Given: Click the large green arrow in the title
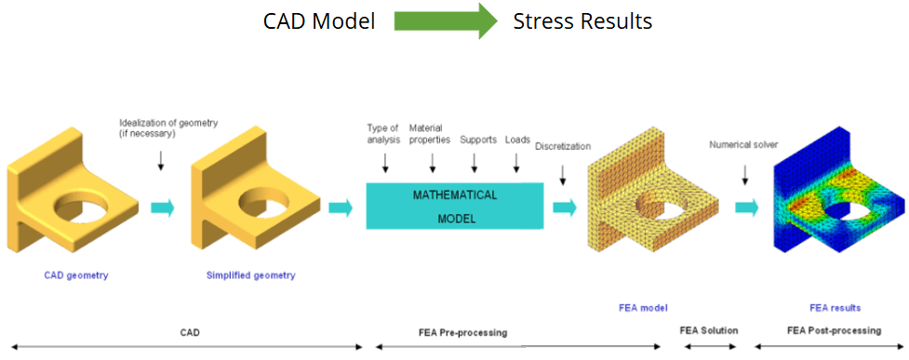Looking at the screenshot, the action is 446,21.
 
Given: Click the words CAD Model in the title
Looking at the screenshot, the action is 319,22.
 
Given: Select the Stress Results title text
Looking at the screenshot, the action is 582,22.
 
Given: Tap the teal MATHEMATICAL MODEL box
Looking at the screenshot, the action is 454,207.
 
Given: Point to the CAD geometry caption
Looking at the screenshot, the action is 76,275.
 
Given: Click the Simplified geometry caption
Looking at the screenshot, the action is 250,275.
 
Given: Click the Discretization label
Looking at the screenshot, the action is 561,145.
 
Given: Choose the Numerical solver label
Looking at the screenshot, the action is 743,145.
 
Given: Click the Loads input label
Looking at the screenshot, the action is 517,140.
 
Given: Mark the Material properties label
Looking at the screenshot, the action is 430,133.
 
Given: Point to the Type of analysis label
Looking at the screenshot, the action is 383,133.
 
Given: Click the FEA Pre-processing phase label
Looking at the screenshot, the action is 462,333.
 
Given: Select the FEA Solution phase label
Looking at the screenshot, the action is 708,330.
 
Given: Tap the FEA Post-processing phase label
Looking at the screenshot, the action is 835,330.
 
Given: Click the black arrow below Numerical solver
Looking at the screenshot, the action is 745,173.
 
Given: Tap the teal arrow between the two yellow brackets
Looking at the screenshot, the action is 162,207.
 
